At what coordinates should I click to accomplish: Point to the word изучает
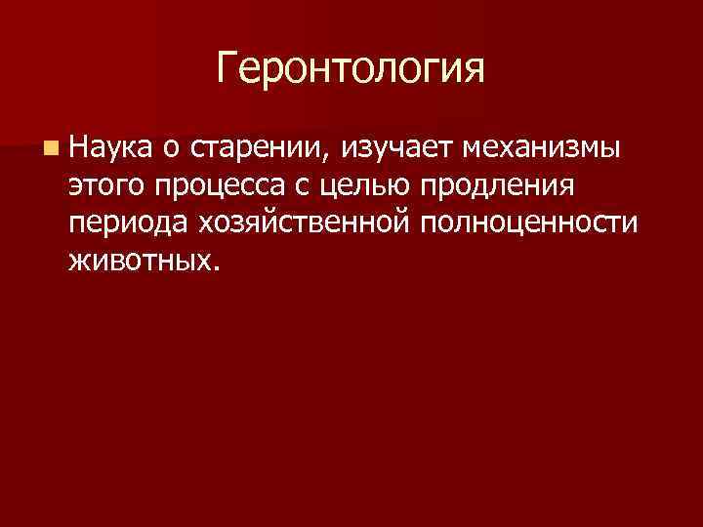click(400, 149)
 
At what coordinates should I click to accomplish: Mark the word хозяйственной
click(308, 223)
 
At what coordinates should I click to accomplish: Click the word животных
click(140, 260)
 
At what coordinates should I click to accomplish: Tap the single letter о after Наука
click(171, 149)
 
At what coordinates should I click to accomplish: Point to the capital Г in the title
click(227, 69)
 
